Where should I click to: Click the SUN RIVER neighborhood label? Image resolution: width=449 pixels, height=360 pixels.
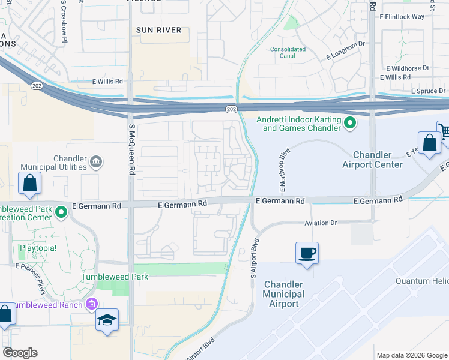coord(158,29)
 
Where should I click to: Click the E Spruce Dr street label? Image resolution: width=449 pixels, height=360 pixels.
coord(429,91)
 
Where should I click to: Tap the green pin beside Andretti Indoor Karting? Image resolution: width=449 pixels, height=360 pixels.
coord(351,124)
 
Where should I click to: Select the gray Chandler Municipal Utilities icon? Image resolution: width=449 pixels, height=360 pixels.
coord(96,161)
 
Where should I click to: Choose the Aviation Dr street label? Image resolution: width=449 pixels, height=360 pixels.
coord(321,223)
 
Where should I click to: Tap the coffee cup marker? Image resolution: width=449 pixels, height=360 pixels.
coord(307,253)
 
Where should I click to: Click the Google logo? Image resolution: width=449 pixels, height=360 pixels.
coord(20,352)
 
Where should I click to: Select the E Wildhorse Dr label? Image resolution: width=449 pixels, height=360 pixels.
coord(408,69)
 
